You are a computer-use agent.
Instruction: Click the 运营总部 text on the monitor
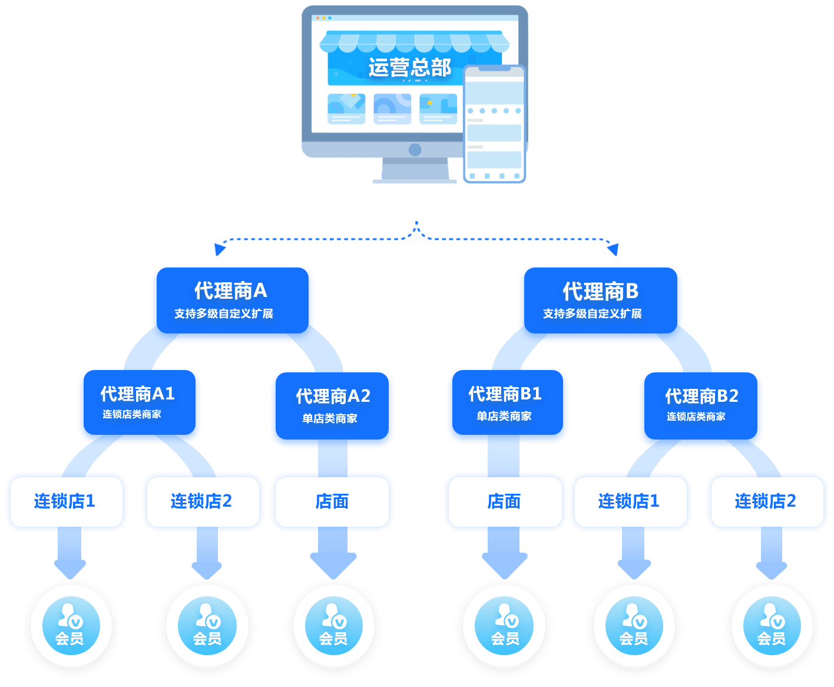[x=409, y=67]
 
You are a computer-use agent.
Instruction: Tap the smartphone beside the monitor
[x=494, y=124]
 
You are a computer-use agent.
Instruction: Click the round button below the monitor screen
[x=415, y=150]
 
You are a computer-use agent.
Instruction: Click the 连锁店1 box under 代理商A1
[x=66, y=501]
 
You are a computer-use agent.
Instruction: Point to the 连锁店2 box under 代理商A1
[x=202, y=501]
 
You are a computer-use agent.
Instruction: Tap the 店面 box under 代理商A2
[x=332, y=501]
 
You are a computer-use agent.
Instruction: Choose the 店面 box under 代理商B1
[x=504, y=501]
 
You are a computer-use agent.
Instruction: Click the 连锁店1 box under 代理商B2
[x=630, y=501]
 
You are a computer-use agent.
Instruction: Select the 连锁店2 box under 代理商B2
[x=766, y=501]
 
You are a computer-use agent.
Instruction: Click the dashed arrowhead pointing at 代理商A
[x=219, y=250]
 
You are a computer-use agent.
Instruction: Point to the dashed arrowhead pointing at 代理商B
[x=614, y=250]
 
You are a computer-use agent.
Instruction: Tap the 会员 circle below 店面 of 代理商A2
[x=334, y=626]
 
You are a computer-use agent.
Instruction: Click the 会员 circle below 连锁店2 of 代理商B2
[x=772, y=626]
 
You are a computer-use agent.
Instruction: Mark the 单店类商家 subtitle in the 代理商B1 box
[x=504, y=416]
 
